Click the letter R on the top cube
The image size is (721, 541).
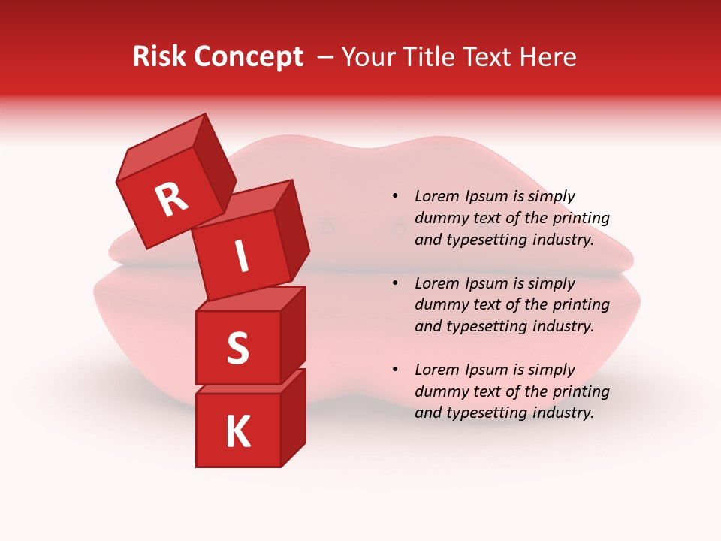(171, 199)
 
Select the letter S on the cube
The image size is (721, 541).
(237, 348)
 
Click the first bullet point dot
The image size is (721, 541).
(395, 196)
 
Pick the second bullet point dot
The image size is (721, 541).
(395, 283)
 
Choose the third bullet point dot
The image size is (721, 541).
(395, 370)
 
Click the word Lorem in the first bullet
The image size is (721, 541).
(437, 196)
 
